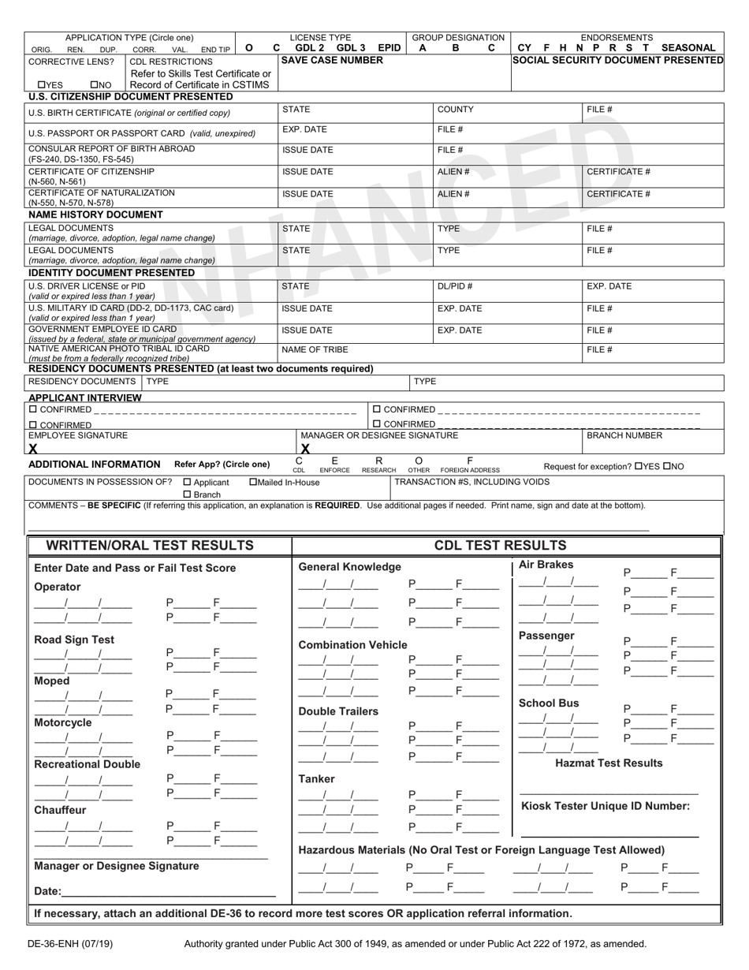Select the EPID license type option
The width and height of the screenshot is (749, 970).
[389, 48]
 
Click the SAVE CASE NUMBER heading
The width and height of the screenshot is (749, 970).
[322, 60]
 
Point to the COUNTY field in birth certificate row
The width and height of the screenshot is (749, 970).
[455, 110]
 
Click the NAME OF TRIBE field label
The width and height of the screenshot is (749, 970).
[315, 349]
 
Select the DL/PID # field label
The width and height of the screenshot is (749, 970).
[455, 287]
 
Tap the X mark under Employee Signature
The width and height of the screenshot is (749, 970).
[33, 449]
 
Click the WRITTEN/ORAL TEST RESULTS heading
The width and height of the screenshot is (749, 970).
[150, 546]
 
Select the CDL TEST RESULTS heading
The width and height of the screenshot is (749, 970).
[500, 546]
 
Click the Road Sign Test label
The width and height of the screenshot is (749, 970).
[74, 640]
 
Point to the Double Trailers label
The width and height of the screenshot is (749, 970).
[338, 711]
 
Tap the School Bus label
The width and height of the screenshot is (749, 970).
[549, 703]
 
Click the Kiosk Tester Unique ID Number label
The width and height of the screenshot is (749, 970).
[606, 806]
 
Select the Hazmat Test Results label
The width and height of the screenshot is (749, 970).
[609, 763]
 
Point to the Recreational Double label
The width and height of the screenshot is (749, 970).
[88, 764]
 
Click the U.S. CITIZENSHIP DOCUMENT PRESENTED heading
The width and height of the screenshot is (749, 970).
[130, 97]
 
